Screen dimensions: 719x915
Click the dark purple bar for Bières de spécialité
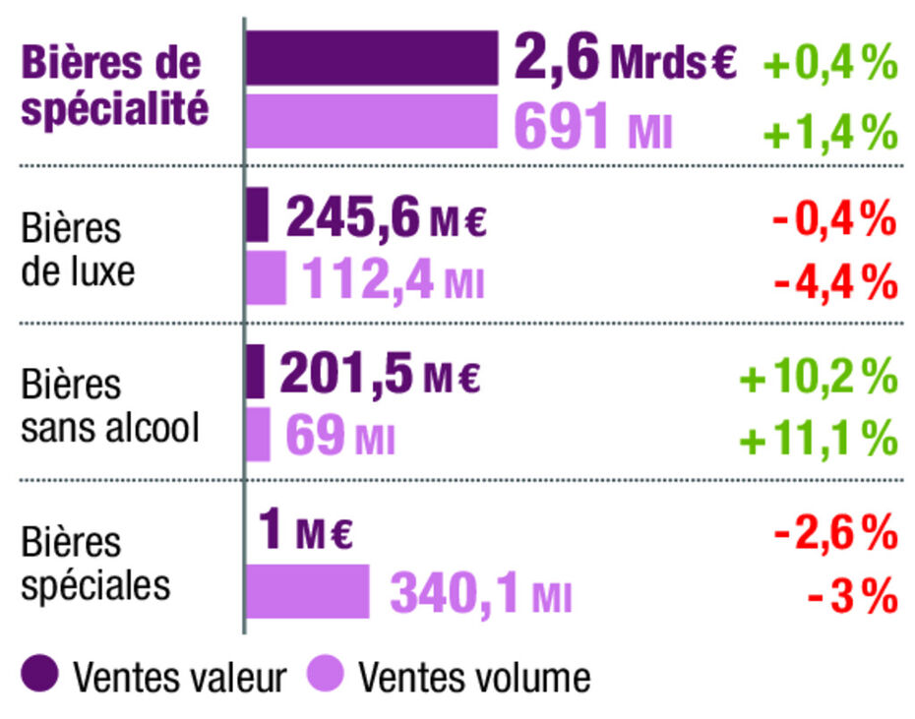click(x=372, y=58)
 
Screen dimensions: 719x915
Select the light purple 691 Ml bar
click(x=372, y=121)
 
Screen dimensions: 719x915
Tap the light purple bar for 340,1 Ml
click(x=307, y=591)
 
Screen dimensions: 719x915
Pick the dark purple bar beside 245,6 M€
click(x=257, y=214)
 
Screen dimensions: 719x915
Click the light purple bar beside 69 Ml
click(x=258, y=434)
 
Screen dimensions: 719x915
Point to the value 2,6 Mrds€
click(x=624, y=59)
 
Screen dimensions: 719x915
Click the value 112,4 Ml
click(x=393, y=279)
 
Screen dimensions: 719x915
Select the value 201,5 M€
click(x=381, y=374)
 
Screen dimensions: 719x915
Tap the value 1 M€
click(x=305, y=532)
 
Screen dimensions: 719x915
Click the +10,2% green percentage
click(x=819, y=376)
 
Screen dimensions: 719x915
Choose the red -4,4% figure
click(x=834, y=282)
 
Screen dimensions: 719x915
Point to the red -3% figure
click(x=852, y=594)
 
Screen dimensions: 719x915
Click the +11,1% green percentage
click(x=819, y=438)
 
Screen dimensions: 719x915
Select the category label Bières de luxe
click(x=78, y=249)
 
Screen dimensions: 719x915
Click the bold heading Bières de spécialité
click(x=114, y=85)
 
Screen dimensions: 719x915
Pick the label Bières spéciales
click(x=95, y=564)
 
